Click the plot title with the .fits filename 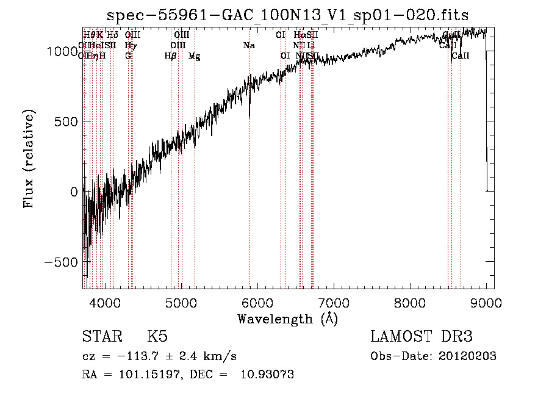tap(287, 15)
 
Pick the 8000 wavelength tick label tap(409, 302)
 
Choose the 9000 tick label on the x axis tap(486, 302)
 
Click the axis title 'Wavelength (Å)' tap(287, 319)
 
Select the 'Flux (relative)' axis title tap(29, 159)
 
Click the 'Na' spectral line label tap(249, 46)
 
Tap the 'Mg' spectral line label tap(194, 56)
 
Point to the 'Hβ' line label tap(170, 56)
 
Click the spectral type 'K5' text tap(157, 337)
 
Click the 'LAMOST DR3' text tap(421, 337)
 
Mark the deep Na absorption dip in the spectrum tap(249, 113)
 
